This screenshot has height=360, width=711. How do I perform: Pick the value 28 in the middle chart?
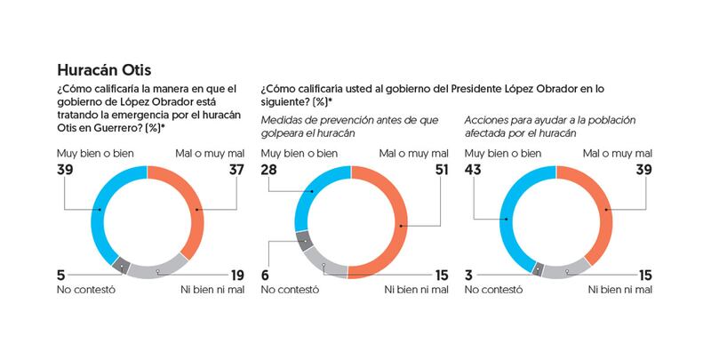coord(270,170)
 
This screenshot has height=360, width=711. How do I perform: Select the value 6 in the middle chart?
coord(266,275)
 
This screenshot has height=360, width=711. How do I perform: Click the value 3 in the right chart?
coord(469,275)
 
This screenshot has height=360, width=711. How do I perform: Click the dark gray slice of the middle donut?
coord(304,241)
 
